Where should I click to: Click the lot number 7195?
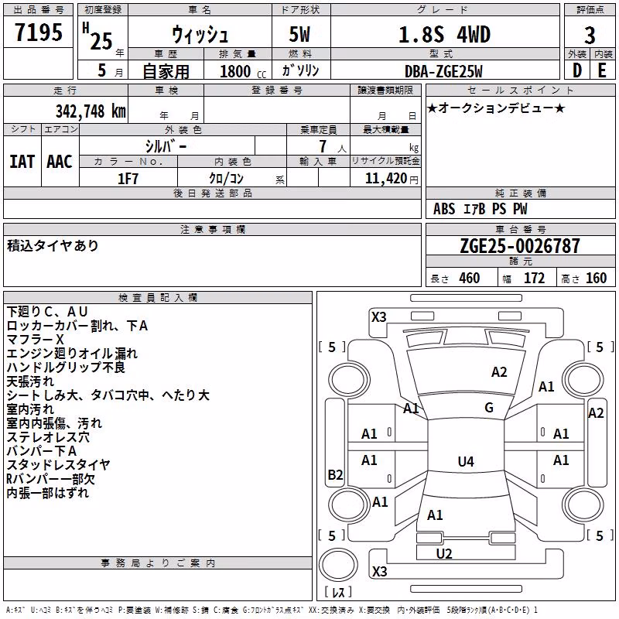click(x=39, y=32)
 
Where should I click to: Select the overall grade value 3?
click(x=590, y=36)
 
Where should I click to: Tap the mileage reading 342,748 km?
click(x=91, y=111)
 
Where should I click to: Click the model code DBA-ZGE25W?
click(x=443, y=71)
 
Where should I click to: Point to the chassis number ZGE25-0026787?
click(x=520, y=246)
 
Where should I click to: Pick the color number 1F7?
click(x=128, y=179)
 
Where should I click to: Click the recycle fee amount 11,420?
click(x=385, y=179)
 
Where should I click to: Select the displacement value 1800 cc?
click(x=243, y=71)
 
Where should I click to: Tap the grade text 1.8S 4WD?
click(x=444, y=35)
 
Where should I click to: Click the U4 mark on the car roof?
click(x=466, y=461)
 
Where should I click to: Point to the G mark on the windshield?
click(x=489, y=408)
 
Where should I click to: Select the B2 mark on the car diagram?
click(x=335, y=474)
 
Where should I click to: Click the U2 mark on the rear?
click(x=444, y=554)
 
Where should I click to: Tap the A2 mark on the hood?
click(x=499, y=372)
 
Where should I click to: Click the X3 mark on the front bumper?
click(x=379, y=317)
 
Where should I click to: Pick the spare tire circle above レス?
click(x=338, y=565)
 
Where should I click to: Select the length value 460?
click(x=470, y=279)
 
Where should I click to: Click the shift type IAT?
click(x=22, y=162)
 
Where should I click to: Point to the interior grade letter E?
click(x=602, y=70)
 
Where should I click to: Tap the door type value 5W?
click(x=299, y=34)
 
